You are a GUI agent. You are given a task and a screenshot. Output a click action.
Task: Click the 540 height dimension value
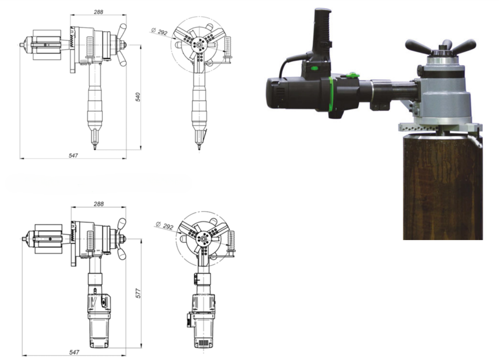tap(138, 97)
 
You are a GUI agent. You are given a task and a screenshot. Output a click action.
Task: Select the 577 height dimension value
tap(138, 293)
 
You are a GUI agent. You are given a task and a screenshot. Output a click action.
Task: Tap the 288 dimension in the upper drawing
tap(98, 12)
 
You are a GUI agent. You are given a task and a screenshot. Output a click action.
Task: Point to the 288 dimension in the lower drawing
tap(98, 204)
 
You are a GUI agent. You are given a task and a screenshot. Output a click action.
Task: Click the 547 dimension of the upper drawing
tap(73, 155)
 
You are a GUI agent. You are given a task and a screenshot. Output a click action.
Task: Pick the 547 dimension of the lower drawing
tap(73, 351)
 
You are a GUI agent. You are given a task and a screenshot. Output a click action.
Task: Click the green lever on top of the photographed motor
tap(352, 76)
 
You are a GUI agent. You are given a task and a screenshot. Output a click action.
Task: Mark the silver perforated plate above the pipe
tap(439, 127)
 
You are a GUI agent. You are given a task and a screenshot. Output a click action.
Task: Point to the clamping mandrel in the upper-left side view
tap(44, 45)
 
